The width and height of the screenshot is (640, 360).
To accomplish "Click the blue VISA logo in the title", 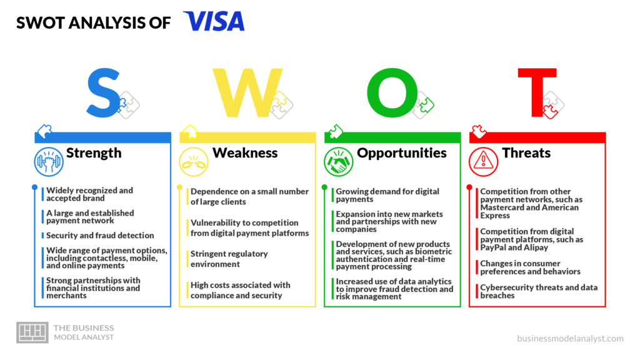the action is pyautogui.click(x=214, y=21).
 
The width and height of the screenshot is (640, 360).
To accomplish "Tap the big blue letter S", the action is pyautogui.click(x=103, y=93).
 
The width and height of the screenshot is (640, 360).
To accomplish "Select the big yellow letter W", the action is pyautogui.click(x=247, y=92).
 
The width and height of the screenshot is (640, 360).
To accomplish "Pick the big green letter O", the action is pyautogui.click(x=392, y=92).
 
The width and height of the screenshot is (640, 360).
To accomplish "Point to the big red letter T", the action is pyautogui.click(x=537, y=92).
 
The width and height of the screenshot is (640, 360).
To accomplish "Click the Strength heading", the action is pyautogui.click(x=94, y=152).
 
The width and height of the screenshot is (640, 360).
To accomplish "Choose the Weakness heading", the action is pyautogui.click(x=245, y=152).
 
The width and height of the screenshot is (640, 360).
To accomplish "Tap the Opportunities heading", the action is pyautogui.click(x=402, y=152).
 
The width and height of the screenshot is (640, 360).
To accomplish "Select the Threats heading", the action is pyautogui.click(x=526, y=152).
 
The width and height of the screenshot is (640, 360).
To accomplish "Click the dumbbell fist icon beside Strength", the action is pyautogui.click(x=49, y=162).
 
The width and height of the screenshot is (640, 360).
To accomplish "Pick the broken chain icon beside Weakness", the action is pyautogui.click(x=194, y=162).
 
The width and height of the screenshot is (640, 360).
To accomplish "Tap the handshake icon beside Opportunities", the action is pyautogui.click(x=338, y=162).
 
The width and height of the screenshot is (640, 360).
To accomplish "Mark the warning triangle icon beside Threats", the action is pyautogui.click(x=483, y=162).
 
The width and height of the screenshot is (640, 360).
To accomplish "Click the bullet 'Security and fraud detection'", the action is pyautogui.click(x=100, y=236).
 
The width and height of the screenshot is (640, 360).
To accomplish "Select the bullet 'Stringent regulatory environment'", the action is pyautogui.click(x=229, y=259).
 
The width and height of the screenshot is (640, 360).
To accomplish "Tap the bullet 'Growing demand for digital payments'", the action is pyautogui.click(x=387, y=195).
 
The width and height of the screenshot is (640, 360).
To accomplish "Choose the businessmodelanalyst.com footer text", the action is pyautogui.click(x=570, y=338).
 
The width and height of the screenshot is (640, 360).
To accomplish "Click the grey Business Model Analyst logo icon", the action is pyautogui.click(x=32, y=332).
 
